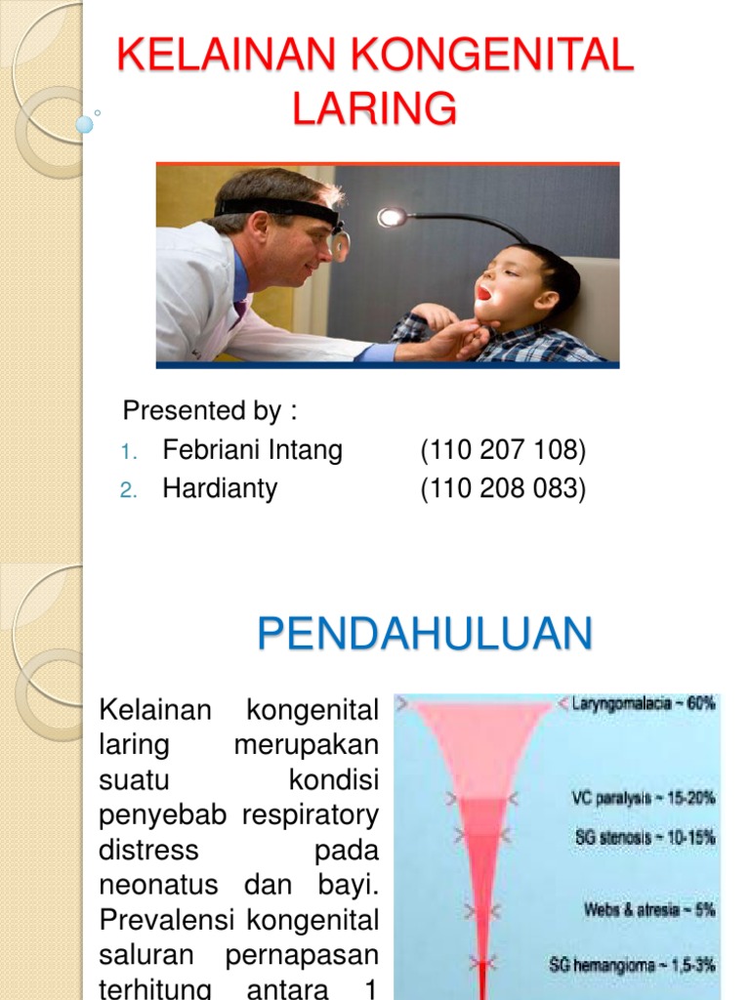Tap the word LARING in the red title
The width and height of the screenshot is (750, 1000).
tap(375, 107)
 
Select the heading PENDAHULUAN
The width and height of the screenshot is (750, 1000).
tap(425, 635)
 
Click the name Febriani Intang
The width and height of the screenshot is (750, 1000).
tap(252, 450)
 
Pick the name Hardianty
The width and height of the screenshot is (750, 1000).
tap(220, 488)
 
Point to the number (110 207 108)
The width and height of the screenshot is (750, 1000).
tap(503, 450)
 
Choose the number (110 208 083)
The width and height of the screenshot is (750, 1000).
tap(503, 488)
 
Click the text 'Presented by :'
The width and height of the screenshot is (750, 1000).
tap(209, 411)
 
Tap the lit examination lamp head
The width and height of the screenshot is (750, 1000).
tap(393, 217)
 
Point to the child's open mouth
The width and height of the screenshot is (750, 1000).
tap(483, 291)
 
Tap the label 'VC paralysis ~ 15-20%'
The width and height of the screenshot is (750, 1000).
tap(643, 798)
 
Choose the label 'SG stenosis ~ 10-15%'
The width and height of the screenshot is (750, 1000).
tap(646, 837)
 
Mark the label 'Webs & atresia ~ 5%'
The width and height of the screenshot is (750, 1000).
tap(649, 909)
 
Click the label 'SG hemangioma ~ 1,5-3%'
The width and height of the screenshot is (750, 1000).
tap(632, 965)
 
